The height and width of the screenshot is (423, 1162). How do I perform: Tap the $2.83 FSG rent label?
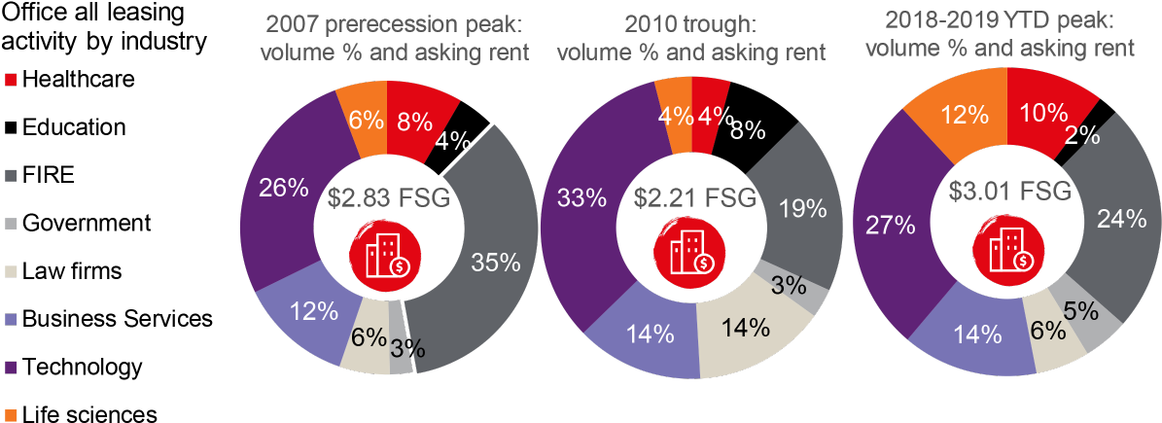(x=388, y=198)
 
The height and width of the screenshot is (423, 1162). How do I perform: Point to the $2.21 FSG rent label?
(x=694, y=198)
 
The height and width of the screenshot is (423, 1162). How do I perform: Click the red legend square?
(x=12, y=80)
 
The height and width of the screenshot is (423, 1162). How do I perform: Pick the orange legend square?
(x=12, y=415)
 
